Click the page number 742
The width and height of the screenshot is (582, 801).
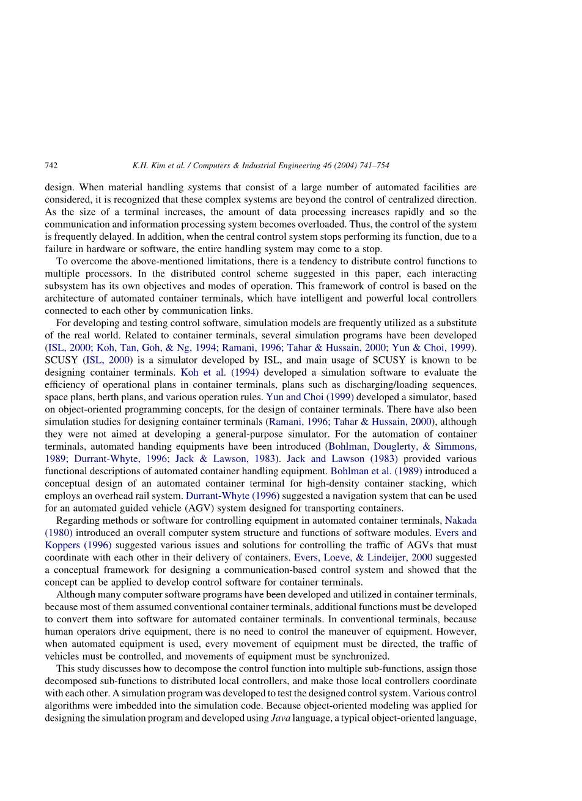click(x=51, y=165)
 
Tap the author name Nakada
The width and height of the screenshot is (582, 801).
click(x=460, y=521)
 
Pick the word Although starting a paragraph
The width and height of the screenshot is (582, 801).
click(x=75, y=595)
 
